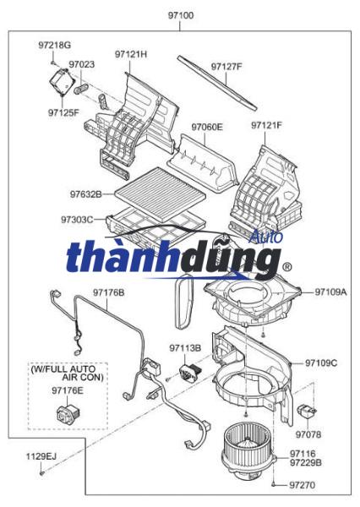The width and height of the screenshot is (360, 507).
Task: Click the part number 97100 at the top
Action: click(181, 15)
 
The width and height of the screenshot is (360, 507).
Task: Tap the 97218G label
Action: click(54, 45)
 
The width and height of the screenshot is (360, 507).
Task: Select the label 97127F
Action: click(226, 67)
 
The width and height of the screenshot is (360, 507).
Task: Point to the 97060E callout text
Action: click(207, 127)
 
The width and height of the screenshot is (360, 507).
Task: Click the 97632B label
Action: click(85, 194)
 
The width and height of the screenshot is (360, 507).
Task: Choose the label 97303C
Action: click(77, 220)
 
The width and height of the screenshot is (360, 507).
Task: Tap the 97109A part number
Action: click(330, 292)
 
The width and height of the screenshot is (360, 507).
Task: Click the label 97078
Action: click(308, 434)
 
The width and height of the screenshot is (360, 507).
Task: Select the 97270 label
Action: click(302, 485)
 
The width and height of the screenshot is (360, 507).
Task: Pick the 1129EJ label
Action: click(41, 456)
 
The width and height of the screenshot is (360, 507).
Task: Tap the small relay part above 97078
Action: click(306, 411)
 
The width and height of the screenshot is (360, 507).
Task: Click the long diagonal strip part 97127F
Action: click(217, 83)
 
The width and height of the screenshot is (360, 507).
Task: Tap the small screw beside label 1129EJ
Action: click(42, 473)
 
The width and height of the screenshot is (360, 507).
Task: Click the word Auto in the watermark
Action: click(265, 237)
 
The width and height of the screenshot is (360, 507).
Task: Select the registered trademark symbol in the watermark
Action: click(286, 267)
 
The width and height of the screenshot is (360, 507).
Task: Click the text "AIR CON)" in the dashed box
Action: click(83, 377)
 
